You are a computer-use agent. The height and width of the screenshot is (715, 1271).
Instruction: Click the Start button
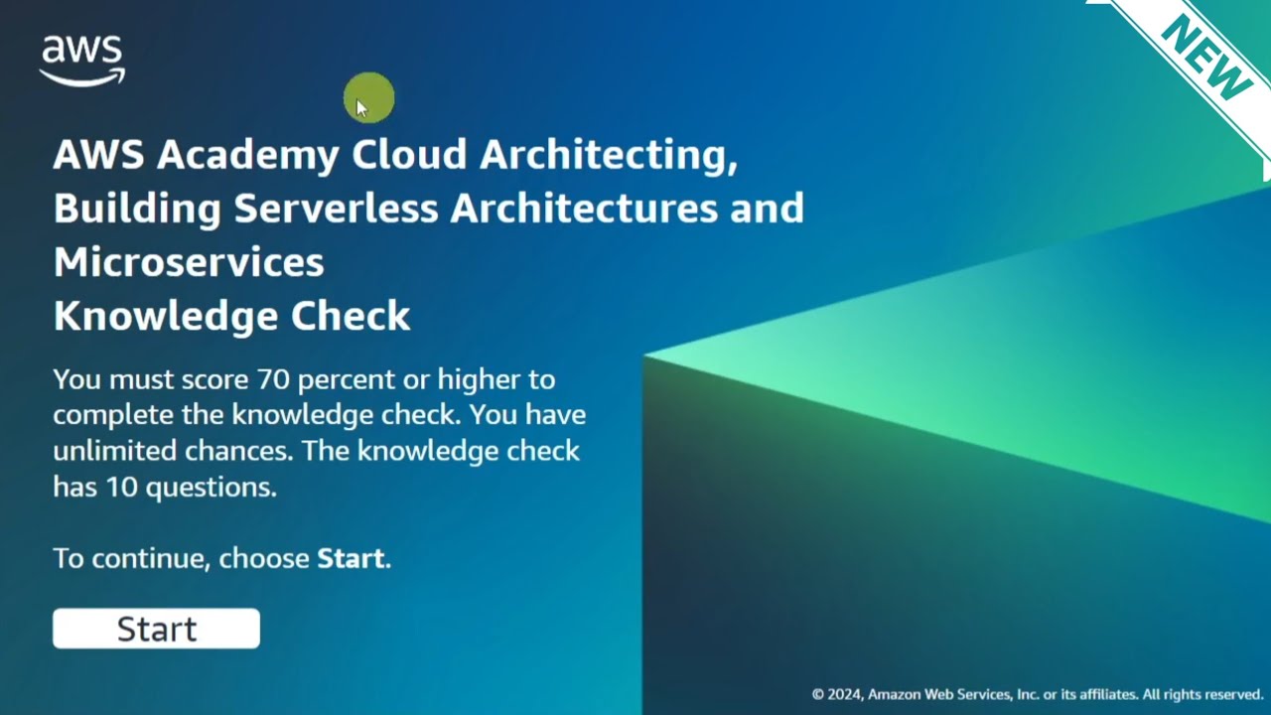coord(156,629)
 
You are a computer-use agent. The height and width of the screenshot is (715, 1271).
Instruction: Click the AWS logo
coord(82,61)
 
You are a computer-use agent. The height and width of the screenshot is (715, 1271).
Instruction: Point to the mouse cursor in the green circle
coord(361,108)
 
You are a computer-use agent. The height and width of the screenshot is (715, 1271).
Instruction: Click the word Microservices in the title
coord(189,262)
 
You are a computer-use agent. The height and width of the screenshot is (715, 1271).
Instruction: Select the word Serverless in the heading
coord(336,209)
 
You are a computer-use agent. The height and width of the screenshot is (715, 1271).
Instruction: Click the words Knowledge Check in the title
coord(231,316)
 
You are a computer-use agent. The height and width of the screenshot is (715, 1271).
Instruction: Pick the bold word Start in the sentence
coord(350,558)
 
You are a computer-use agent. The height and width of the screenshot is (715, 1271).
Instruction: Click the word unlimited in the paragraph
coord(115,451)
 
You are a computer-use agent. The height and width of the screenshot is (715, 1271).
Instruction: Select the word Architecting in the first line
coord(608,155)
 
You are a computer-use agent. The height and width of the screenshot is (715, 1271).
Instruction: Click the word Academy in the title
coord(247,155)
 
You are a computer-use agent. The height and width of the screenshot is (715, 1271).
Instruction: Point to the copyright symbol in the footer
coord(818,695)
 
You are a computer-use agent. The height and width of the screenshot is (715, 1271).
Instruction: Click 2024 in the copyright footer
coord(845,695)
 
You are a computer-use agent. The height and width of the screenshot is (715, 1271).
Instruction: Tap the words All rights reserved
coord(1202,695)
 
